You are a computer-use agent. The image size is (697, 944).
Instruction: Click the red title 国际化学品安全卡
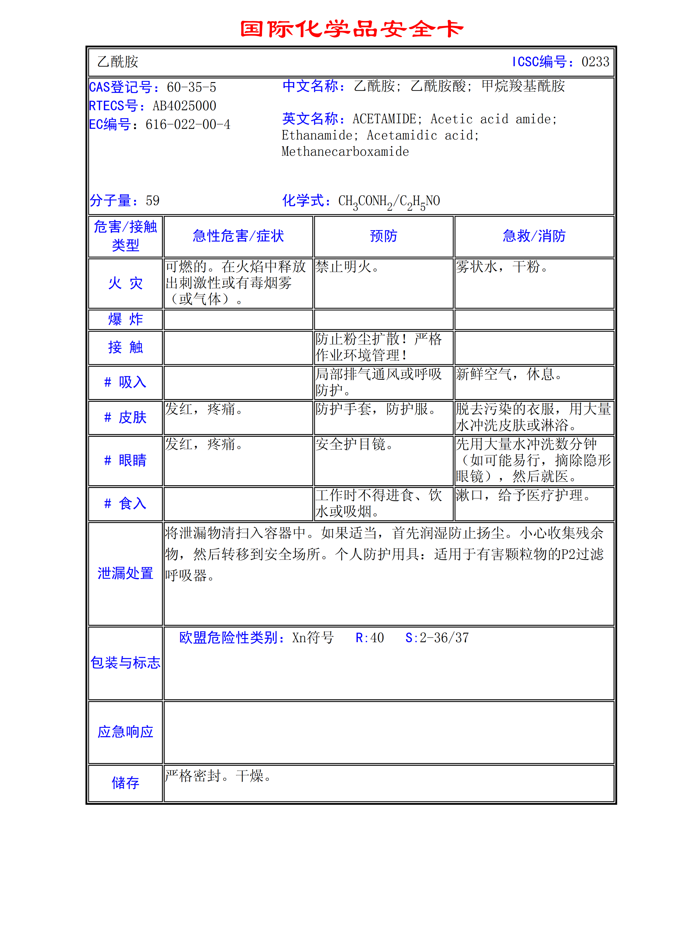click(351, 29)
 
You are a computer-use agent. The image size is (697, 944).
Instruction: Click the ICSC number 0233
click(595, 62)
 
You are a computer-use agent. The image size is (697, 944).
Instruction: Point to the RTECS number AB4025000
click(184, 106)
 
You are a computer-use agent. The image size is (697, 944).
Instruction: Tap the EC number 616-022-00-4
click(188, 124)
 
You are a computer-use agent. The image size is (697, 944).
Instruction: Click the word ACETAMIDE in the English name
click(384, 119)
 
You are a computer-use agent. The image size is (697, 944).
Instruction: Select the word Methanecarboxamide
click(345, 152)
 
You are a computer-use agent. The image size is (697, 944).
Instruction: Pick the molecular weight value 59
click(152, 201)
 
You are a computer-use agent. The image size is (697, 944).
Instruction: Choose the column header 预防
click(384, 236)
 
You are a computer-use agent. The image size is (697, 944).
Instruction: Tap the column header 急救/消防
click(534, 236)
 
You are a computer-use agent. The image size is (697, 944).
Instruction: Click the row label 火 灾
click(125, 283)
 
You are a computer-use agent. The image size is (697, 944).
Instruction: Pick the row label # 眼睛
click(125, 460)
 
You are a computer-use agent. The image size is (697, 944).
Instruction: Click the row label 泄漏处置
click(125, 573)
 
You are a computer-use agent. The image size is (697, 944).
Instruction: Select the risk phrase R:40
click(369, 638)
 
